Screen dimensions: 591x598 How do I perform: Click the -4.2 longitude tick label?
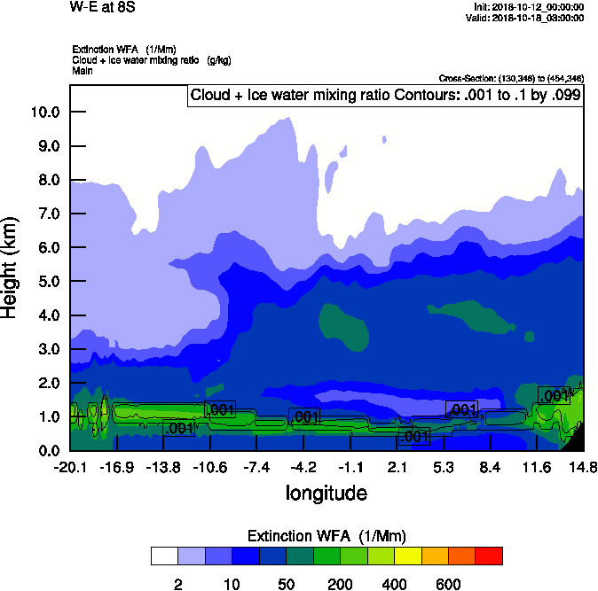click(303, 468)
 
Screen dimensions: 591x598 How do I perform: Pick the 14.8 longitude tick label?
click(583, 468)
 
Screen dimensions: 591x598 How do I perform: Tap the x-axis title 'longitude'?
click(326, 493)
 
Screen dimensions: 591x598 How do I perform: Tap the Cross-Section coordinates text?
click(511, 79)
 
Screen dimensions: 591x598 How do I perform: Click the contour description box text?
click(385, 96)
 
